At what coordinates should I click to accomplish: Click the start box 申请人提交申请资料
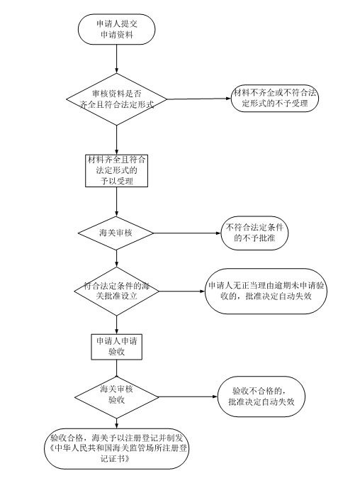[x=117, y=29]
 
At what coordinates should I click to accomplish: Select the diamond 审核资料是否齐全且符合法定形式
[x=117, y=99]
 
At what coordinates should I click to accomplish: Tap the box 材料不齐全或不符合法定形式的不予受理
[x=275, y=98]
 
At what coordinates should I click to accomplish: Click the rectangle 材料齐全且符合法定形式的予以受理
[x=117, y=170]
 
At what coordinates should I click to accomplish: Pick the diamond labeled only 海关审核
[x=116, y=233]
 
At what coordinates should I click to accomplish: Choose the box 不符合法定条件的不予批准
[x=254, y=233]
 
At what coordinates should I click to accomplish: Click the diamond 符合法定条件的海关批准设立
[x=117, y=292]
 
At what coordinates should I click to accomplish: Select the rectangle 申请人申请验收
[x=117, y=347]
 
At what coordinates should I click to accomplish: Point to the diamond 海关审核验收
[x=117, y=396]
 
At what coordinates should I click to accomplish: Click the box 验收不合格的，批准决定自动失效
[x=261, y=396]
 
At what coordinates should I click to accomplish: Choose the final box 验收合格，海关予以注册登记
[x=117, y=448]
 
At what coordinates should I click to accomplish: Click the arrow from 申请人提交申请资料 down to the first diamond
[x=117, y=59]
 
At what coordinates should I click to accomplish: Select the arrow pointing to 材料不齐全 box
[x=199, y=99]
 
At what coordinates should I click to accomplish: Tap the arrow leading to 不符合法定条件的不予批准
[x=187, y=233]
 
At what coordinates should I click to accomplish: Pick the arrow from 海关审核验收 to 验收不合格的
[x=189, y=396]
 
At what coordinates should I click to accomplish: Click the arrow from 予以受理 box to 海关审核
[x=117, y=202]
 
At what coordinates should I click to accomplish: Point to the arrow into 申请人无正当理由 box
[x=182, y=292]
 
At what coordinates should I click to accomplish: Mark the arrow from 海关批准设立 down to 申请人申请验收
[x=117, y=325]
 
